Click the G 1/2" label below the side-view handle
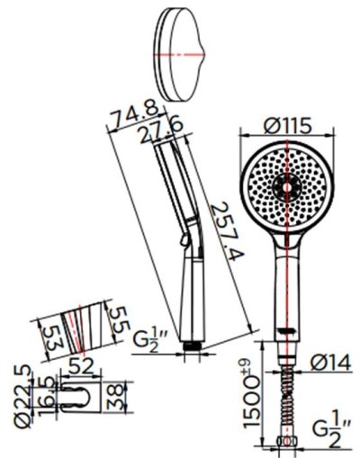146,343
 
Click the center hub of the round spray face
286,186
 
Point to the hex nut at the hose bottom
286,444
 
